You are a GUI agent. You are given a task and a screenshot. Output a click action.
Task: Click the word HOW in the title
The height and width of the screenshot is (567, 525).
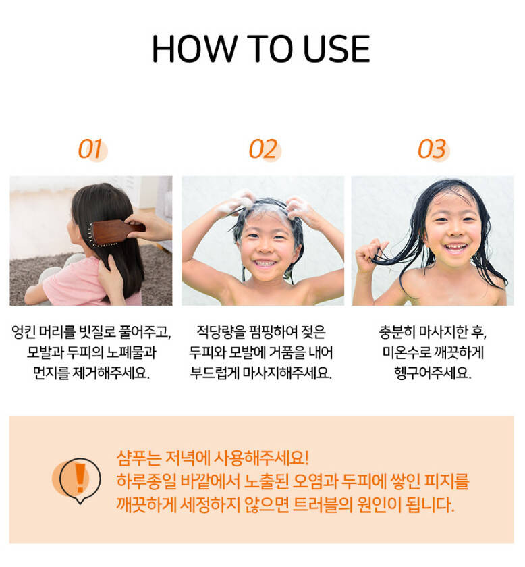[x=194, y=49]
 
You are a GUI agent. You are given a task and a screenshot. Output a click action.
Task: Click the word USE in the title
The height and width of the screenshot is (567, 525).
[x=337, y=49]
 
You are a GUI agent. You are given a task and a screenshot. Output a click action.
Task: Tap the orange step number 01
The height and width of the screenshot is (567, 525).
[x=90, y=149]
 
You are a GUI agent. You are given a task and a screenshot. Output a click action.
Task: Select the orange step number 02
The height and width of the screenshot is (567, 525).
[x=264, y=149]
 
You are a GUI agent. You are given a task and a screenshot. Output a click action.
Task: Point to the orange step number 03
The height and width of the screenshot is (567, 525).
[x=432, y=149]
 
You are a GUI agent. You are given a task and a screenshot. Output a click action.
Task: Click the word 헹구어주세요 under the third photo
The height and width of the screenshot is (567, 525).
[x=433, y=373]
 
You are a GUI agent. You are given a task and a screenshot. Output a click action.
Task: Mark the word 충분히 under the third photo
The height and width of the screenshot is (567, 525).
[x=397, y=332]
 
